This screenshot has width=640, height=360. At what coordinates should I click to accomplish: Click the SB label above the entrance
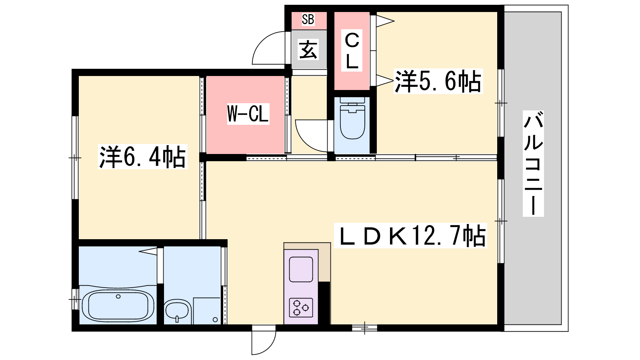point(308,20)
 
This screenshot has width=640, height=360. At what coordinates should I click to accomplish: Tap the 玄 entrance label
point(308,50)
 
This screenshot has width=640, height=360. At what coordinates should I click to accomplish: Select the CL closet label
point(352,51)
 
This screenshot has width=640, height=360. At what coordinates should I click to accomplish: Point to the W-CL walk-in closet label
point(248,114)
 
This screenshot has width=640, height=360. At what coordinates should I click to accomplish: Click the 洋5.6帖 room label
point(438,81)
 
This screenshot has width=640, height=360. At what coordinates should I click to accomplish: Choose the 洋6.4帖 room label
point(142,156)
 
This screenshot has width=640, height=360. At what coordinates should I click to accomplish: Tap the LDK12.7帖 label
point(410,236)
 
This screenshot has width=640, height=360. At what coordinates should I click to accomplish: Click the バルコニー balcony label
point(533,164)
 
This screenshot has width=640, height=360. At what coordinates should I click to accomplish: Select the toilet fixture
point(352,118)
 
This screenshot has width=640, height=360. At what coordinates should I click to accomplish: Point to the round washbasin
point(177,312)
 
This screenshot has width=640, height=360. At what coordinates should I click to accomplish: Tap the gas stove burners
point(300,308)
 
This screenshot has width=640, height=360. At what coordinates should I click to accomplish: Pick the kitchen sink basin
point(301,269)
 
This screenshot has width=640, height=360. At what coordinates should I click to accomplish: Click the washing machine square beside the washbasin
point(207,311)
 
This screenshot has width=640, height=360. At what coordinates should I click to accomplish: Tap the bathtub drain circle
point(118,296)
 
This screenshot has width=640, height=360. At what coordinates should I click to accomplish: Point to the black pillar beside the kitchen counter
point(324,303)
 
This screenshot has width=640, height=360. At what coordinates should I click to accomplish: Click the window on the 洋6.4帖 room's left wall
point(75,158)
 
